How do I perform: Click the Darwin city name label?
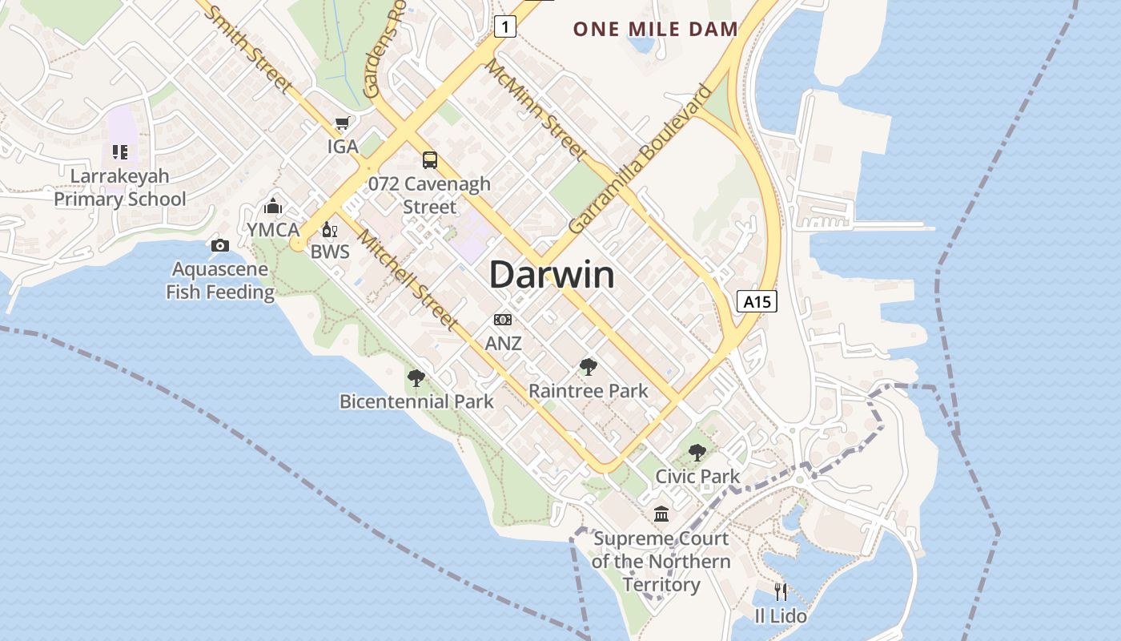[552, 275]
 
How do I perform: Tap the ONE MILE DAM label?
[656, 30]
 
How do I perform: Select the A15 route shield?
[757, 301]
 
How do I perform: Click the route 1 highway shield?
[504, 26]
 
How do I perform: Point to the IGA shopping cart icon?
[343, 123]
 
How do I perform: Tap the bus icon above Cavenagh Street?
[430, 159]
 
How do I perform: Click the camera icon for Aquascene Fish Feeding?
[220, 245]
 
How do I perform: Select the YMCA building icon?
[273, 206]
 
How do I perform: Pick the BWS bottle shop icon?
[329, 230]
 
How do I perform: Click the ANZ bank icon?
[503, 320]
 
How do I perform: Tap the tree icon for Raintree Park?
[589, 367]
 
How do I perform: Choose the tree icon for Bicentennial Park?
[416, 377]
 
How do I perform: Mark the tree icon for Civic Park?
[697, 453]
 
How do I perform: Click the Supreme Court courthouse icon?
[661, 514]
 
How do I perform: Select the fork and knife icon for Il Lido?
[781, 592]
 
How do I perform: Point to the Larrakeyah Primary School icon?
[120, 151]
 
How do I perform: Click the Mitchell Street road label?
[408, 280]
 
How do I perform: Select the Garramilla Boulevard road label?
[640, 159]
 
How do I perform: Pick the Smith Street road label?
[249, 47]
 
